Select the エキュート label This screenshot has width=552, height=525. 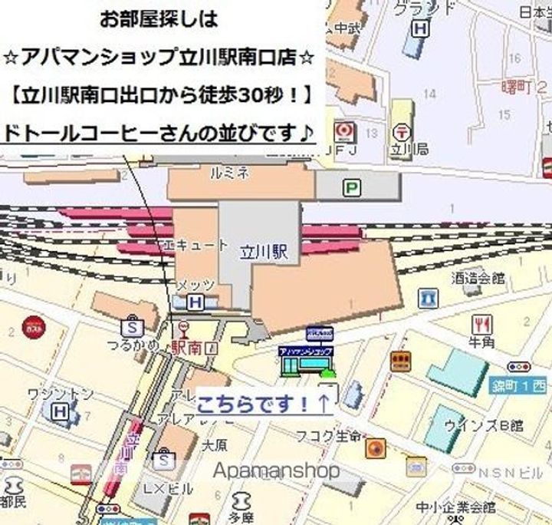(196, 246)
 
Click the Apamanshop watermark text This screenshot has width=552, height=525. (275, 471)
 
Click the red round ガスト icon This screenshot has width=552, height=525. (33, 326)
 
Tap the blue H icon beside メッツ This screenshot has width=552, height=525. (195, 302)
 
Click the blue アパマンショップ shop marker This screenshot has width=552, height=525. (306, 355)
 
